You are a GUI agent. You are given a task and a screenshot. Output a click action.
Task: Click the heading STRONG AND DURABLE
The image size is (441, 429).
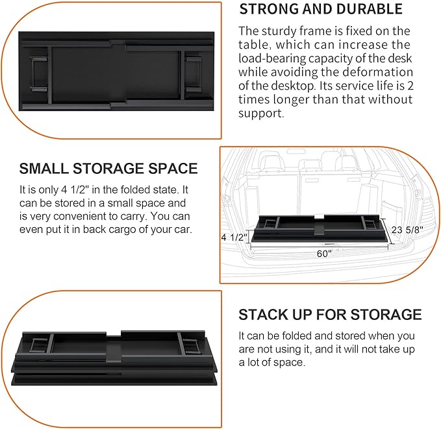[x=321, y=9]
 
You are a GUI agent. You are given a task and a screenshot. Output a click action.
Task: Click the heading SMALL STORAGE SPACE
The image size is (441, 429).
[x=108, y=169]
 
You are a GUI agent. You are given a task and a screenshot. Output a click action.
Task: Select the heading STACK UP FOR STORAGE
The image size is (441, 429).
[x=330, y=315]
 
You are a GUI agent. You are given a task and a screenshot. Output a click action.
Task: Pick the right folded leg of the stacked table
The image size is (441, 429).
[x=189, y=342]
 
